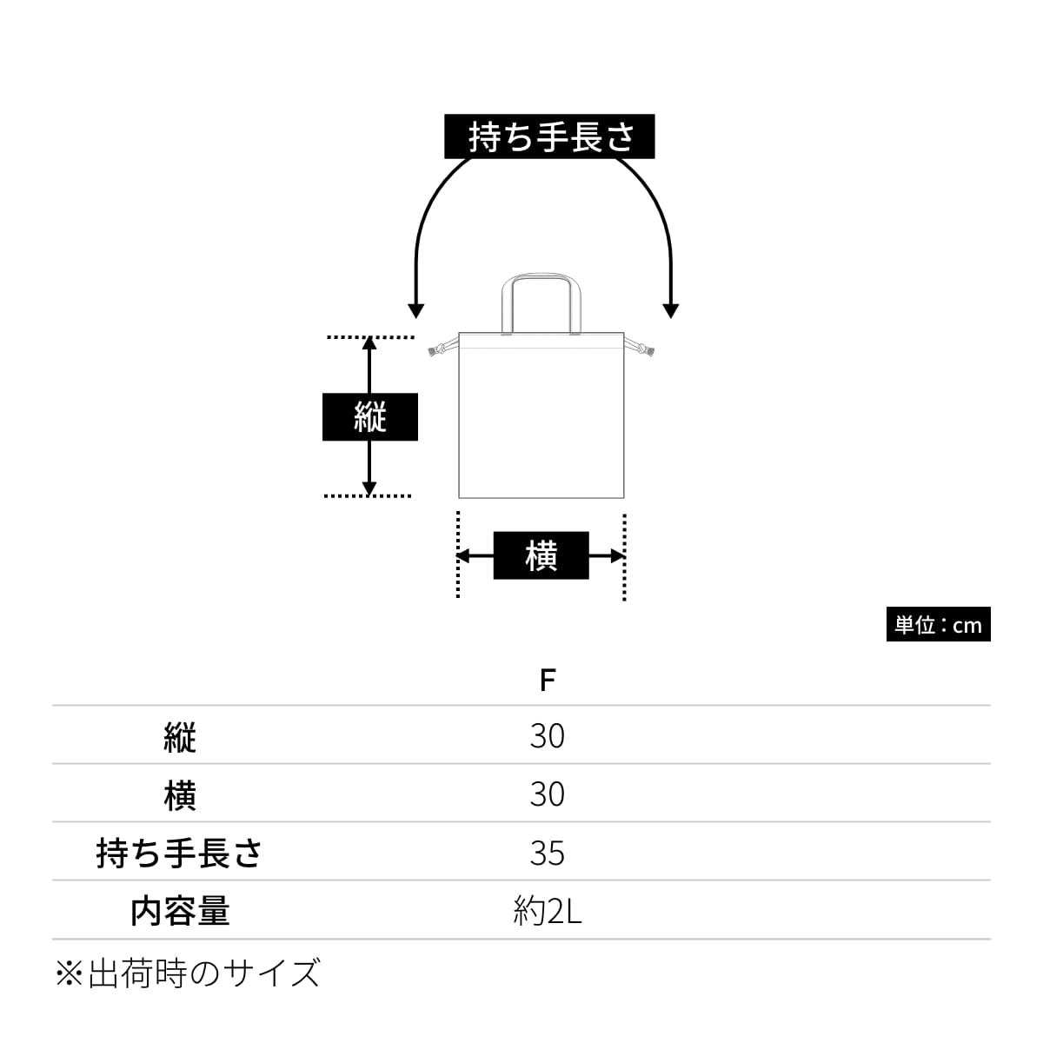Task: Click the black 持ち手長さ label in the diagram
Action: point(549,136)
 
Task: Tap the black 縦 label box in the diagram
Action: point(370,417)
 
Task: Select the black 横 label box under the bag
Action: point(541,555)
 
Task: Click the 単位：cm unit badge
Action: point(938,625)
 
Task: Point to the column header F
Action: point(547,680)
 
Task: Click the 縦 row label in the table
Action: point(180,737)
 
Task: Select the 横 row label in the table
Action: point(180,794)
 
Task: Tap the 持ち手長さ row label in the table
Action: point(180,853)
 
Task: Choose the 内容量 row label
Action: point(180,911)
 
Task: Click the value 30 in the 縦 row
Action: point(547,736)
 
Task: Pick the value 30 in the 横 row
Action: point(547,794)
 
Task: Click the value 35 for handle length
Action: point(547,853)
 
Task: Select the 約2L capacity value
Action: point(547,911)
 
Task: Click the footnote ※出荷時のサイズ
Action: point(188,973)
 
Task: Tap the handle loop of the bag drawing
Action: point(541,280)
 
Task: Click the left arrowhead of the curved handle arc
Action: point(415,310)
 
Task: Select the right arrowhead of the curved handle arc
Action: point(670,310)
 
